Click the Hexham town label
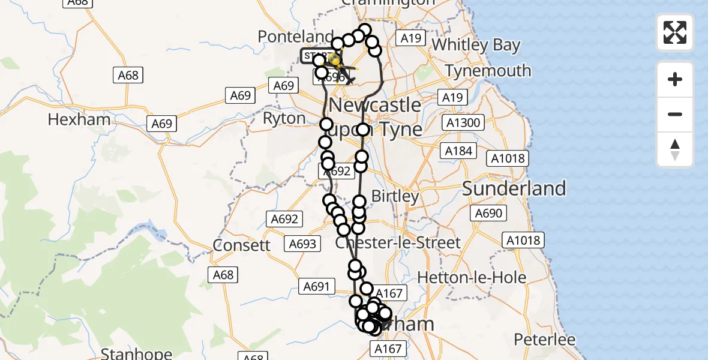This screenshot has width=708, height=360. tap(79, 119)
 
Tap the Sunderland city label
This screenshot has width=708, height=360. tap(514, 188)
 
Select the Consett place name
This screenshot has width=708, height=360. tap(242, 245)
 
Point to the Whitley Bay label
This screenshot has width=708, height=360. tap(476, 45)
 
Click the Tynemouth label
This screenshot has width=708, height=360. tap(488, 71)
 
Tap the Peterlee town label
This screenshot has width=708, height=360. tap(545, 340)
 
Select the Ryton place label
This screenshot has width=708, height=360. tap(284, 118)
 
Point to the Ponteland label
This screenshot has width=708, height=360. tap(295, 36)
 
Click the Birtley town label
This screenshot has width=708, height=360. tap(395, 196)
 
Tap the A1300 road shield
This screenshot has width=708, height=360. tap(463, 124)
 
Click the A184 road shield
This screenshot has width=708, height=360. tap(458, 151)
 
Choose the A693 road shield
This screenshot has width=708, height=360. tap(302, 244)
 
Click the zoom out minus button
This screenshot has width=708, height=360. tap(675, 114)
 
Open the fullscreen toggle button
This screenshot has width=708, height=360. tap(675, 32)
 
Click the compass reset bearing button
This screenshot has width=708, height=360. tap(675, 149)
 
